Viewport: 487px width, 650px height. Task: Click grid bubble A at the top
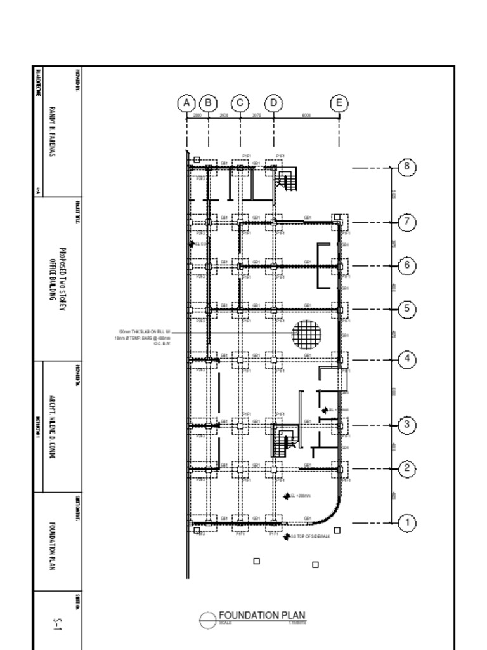[x=186, y=103]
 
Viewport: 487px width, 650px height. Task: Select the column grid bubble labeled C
[x=240, y=103]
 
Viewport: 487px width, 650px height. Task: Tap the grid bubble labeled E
[x=339, y=103]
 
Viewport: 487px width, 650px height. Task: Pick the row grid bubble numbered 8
[x=407, y=168]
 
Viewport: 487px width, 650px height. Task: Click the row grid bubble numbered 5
[x=407, y=310]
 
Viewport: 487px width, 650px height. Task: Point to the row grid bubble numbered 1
[x=407, y=523]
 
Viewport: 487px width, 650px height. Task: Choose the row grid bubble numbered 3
[x=407, y=425]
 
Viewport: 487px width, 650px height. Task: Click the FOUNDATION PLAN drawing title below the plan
[x=262, y=615]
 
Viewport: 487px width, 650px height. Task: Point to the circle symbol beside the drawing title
[x=208, y=620]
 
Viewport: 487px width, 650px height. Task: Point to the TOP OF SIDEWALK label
[x=311, y=536]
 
